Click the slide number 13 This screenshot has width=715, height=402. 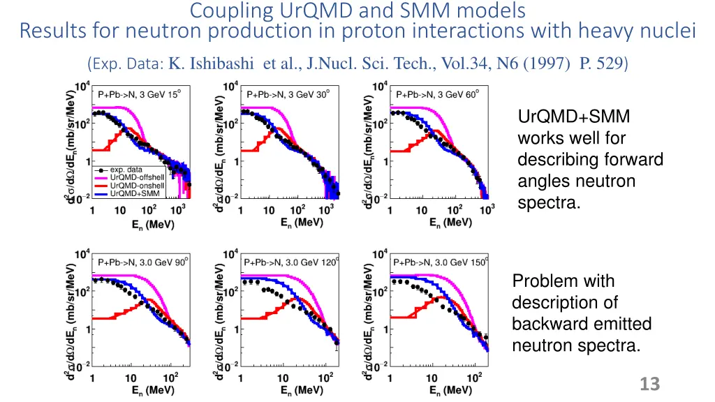pos(649,384)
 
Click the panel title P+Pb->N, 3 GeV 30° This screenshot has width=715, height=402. pos(287,95)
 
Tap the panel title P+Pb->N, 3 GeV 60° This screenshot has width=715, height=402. pos(436,95)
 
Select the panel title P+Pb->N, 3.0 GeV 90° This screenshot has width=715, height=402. pos(142,263)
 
